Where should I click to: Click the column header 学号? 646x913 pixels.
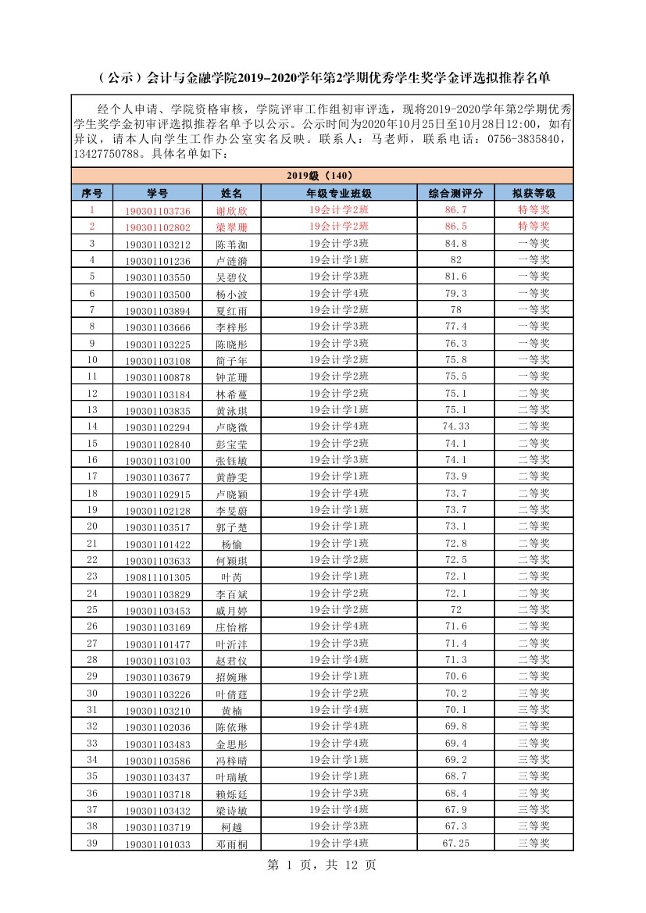point(157,193)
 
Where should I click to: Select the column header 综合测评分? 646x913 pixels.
point(455,193)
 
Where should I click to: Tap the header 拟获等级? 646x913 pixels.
point(534,193)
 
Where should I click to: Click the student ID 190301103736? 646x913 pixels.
point(157,211)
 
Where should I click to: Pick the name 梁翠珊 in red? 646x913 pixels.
point(230,227)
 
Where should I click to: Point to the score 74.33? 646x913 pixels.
point(455,426)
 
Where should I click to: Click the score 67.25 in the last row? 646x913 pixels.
point(455,843)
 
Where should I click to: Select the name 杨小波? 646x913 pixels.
point(230,294)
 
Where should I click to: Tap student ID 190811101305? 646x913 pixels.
point(157,577)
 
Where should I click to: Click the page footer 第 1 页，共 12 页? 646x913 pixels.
point(322,865)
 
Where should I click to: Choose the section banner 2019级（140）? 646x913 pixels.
point(322,176)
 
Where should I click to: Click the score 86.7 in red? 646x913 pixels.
point(455,211)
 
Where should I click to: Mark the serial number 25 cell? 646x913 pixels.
point(92,610)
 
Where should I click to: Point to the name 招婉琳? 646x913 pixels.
point(230,677)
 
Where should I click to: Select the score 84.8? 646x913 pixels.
point(455,244)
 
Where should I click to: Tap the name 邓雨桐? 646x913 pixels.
point(230,844)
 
